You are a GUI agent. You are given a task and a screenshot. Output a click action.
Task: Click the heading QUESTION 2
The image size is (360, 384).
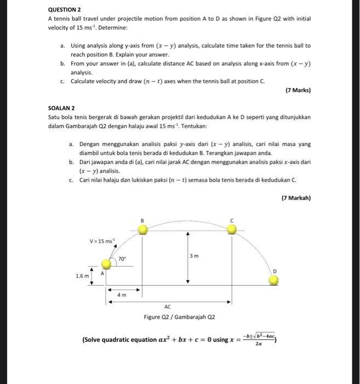click(64, 9)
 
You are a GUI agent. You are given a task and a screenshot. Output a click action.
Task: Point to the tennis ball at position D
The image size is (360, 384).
click(273, 281)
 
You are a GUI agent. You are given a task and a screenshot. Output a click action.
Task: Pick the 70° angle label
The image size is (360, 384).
click(122, 257)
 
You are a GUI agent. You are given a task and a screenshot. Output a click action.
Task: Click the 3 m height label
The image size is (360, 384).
click(195, 256)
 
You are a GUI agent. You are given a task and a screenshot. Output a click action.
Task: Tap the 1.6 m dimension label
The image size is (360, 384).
click(82, 276)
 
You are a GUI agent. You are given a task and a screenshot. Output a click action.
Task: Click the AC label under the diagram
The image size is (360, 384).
click(168, 307)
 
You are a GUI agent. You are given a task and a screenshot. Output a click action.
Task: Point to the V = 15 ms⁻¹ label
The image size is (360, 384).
click(102, 241)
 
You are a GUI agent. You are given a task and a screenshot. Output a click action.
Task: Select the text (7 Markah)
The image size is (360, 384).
click(296, 198)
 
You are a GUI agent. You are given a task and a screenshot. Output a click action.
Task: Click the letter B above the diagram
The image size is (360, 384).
click(142, 220)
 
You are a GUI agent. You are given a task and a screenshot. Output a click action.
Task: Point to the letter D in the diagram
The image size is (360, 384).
click(275, 271)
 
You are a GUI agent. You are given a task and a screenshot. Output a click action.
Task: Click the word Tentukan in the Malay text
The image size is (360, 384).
click(194, 126)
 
